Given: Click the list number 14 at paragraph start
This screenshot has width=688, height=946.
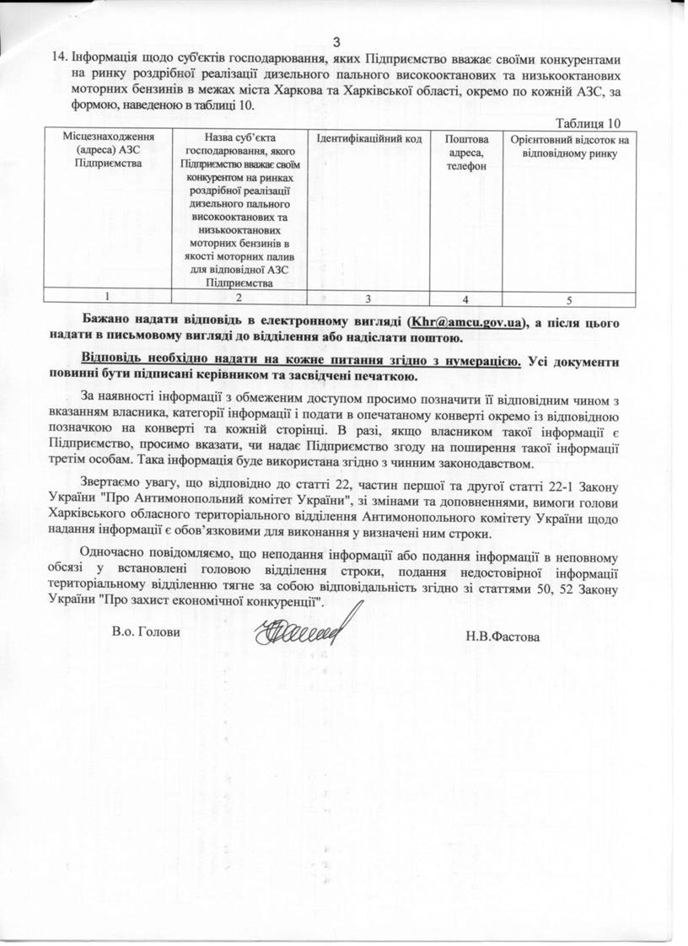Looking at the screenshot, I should (59, 58).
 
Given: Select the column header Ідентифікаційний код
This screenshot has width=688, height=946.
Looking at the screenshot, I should (368, 138).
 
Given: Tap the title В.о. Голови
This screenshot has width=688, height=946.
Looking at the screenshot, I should (146, 632).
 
